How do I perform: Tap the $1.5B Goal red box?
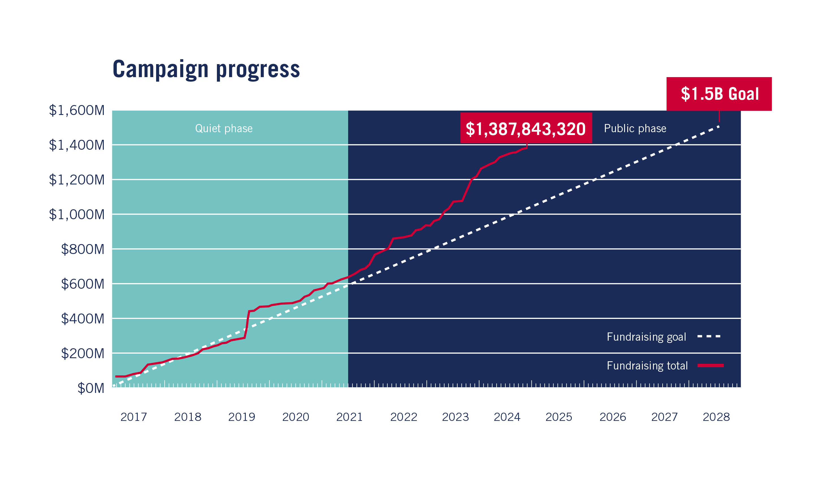click(x=719, y=94)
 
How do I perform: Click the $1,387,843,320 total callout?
click(x=526, y=129)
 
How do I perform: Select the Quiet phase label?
click(x=224, y=128)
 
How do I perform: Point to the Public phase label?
click(x=635, y=128)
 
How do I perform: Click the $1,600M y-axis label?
click(x=77, y=110)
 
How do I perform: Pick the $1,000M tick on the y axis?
click(x=77, y=214)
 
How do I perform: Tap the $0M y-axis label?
click(x=91, y=388)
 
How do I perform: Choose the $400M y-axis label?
click(x=83, y=319)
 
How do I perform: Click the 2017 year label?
click(x=133, y=417)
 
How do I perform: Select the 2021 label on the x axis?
click(x=349, y=417)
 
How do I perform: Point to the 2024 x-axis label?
click(x=507, y=417)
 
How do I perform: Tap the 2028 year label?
click(x=716, y=417)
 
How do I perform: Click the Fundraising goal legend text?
click(x=646, y=337)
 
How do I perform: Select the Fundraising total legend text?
click(x=647, y=365)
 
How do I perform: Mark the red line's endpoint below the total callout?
click(x=526, y=148)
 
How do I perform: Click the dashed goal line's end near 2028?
click(x=719, y=126)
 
